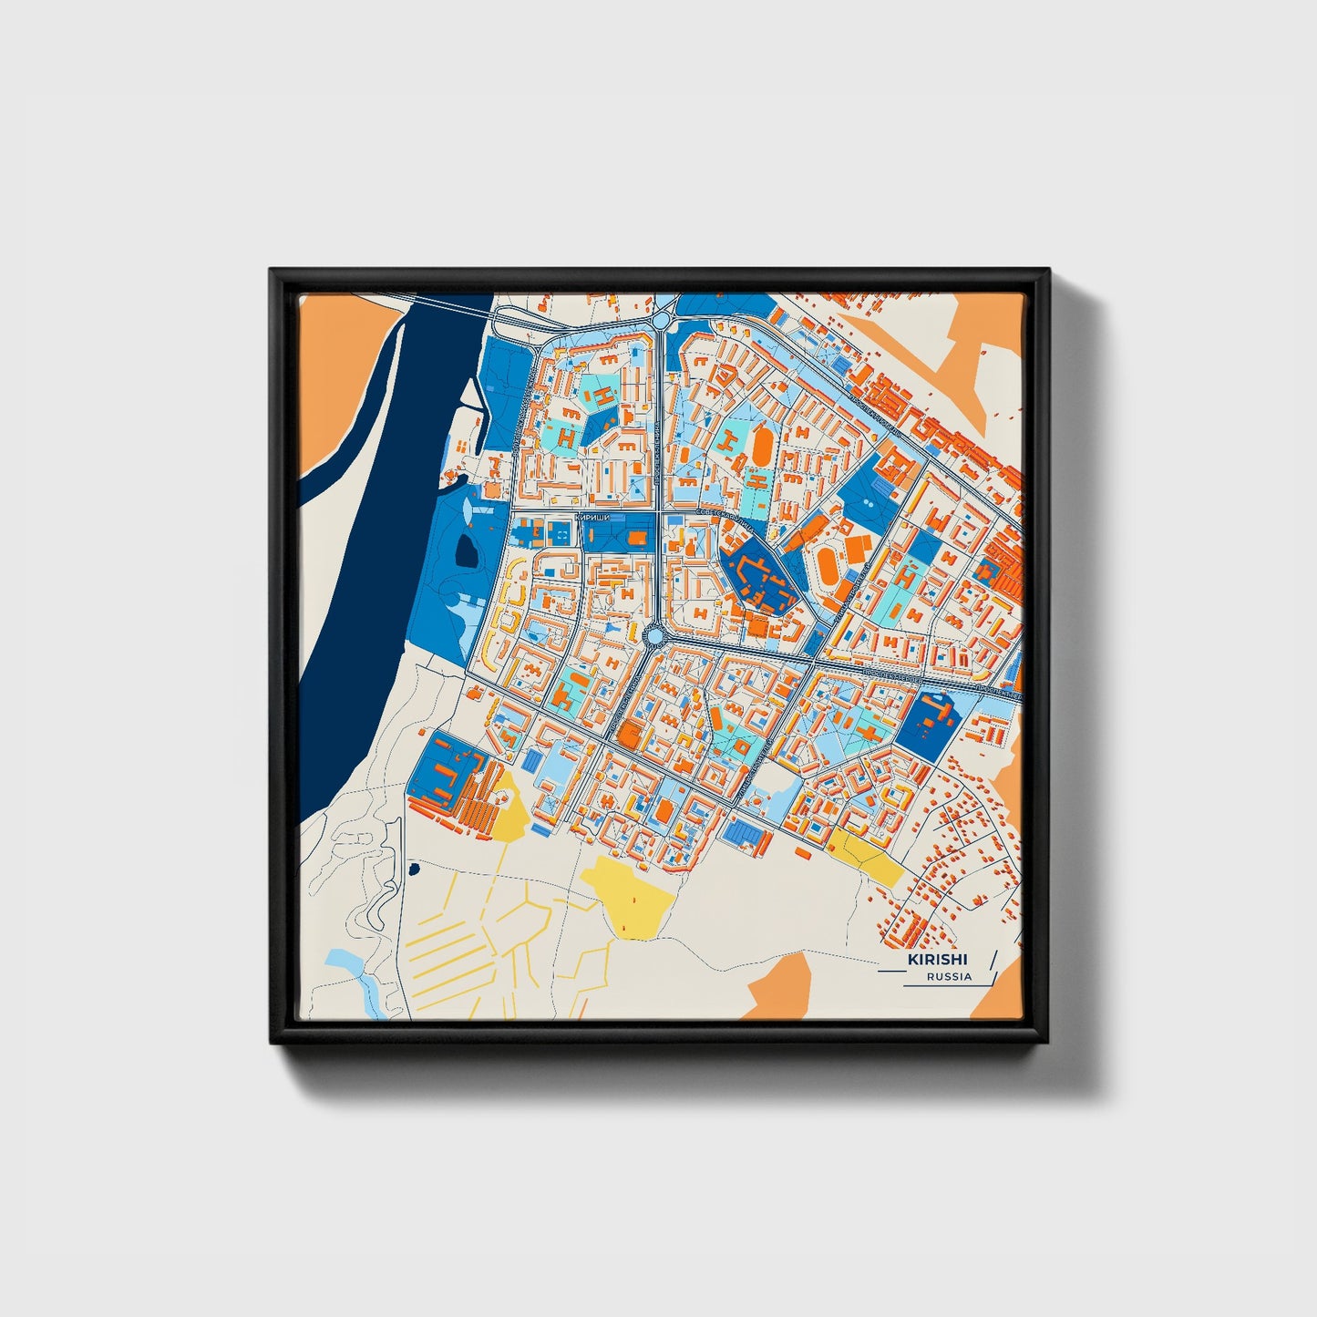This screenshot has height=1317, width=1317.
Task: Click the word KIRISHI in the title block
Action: tap(937, 959)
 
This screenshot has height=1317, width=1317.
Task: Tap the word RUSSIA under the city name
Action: tap(949, 976)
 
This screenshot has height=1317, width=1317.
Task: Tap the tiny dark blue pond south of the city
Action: tap(414, 869)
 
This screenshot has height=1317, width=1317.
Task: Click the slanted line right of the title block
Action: tap(991, 966)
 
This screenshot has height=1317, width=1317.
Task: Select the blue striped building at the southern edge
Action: tap(746, 831)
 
